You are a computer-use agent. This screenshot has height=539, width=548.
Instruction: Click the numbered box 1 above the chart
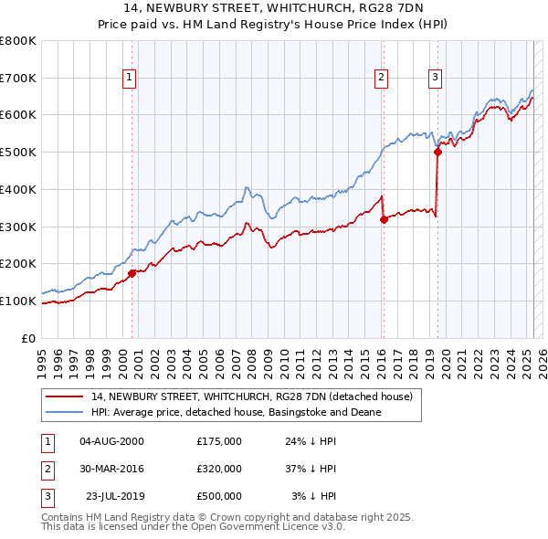[131, 79]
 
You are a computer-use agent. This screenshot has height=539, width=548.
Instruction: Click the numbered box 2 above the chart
[380, 79]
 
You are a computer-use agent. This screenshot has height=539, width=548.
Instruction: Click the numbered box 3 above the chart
[436, 79]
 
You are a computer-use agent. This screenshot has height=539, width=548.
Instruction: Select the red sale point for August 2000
[132, 272]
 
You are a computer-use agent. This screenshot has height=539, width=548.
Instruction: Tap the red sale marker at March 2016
[384, 218]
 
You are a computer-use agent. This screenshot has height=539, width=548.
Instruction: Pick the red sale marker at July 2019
[438, 152]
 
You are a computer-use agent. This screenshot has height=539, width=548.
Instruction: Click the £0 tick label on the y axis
[30, 338]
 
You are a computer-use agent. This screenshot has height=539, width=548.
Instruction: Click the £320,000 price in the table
[219, 469]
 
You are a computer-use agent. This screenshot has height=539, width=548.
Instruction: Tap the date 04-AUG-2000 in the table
[111, 441]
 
